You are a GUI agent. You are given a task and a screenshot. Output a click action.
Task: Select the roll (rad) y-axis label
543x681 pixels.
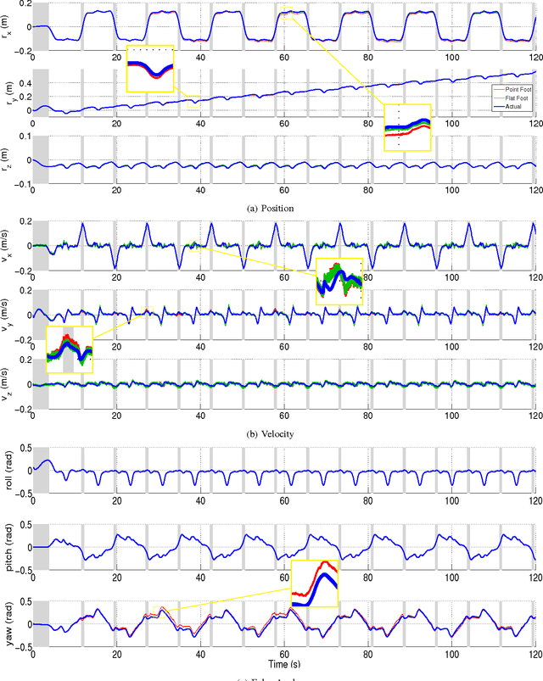pos(8,471)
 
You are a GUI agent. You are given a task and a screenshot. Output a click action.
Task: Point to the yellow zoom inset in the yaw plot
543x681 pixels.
pos(315,584)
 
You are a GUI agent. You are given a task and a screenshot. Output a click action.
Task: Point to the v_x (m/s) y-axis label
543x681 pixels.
pos(8,246)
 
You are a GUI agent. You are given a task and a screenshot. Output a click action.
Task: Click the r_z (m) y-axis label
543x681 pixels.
pos(8,160)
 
